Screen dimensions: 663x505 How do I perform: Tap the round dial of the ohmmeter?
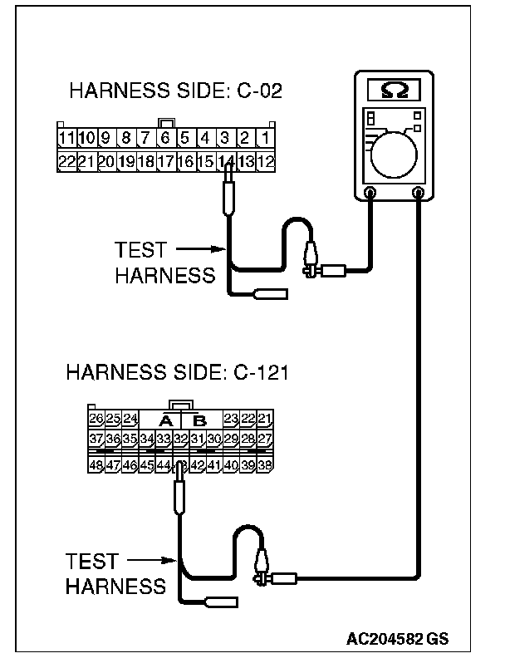click(395, 155)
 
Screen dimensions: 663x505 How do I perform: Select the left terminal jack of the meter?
click(370, 193)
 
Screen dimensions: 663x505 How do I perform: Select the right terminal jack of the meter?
click(419, 193)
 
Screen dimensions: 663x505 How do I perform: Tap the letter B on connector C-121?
click(199, 420)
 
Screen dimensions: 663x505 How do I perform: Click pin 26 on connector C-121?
click(96, 420)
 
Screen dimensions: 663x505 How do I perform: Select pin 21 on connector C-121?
click(264, 420)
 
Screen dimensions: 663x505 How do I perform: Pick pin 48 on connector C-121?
click(96, 465)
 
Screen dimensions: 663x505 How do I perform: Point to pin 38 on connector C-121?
click(264, 465)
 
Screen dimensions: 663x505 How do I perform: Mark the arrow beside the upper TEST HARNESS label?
click(199, 248)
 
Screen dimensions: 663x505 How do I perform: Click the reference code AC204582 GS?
click(398, 639)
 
